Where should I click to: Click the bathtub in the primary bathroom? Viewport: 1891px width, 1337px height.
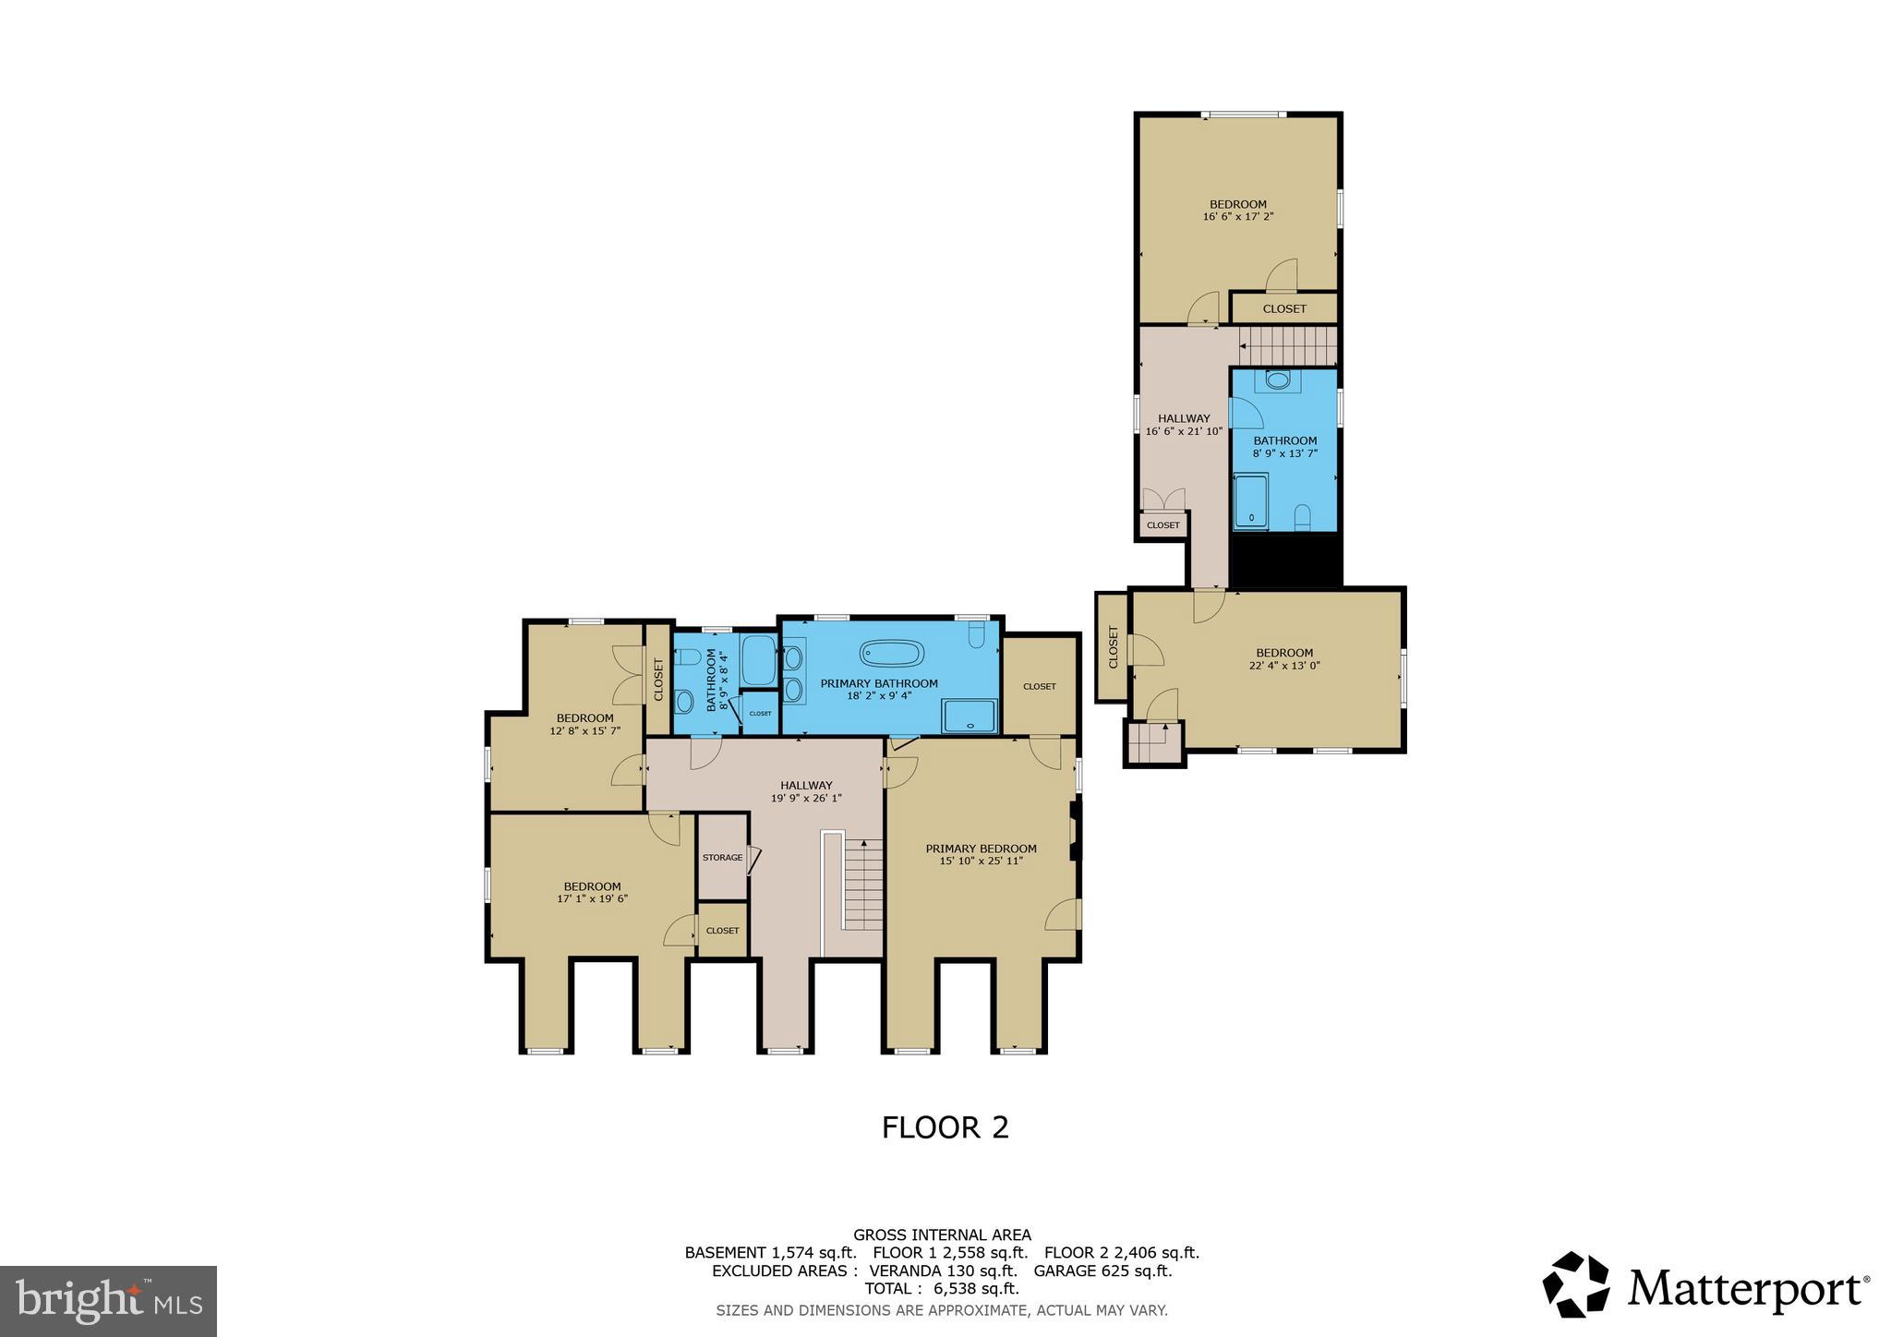click(x=891, y=654)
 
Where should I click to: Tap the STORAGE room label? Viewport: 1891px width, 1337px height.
click(x=722, y=858)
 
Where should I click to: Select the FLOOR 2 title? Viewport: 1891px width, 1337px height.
click(x=945, y=1127)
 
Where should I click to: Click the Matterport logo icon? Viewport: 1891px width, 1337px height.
click(x=1575, y=1284)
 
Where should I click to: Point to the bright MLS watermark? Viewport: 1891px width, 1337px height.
click(x=108, y=1301)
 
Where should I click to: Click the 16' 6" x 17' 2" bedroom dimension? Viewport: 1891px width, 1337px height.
click(x=1238, y=217)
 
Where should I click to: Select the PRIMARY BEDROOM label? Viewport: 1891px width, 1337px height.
click(x=981, y=849)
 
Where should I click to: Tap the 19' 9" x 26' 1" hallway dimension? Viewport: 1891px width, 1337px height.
click(x=806, y=798)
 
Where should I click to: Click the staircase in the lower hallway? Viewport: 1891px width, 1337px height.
click(x=864, y=885)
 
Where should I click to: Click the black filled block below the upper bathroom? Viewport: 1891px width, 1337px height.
click(x=1285, y=560)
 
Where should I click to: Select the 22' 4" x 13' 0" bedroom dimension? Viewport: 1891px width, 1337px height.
click(x=1283, y=665)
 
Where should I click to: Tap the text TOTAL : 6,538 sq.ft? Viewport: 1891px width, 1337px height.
click(x=941, y=1288)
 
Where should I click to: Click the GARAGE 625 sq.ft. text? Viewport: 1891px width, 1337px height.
click(x=1102, y=1271)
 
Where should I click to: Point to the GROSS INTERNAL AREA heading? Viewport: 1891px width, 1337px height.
click(x=942, y=1235)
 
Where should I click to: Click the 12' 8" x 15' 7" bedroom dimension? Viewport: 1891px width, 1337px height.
click(x=584, y=730)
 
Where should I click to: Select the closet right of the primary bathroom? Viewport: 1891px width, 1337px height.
click(x=1040, y=685)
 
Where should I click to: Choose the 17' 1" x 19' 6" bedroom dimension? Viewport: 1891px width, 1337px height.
click(x=592, y=898)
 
